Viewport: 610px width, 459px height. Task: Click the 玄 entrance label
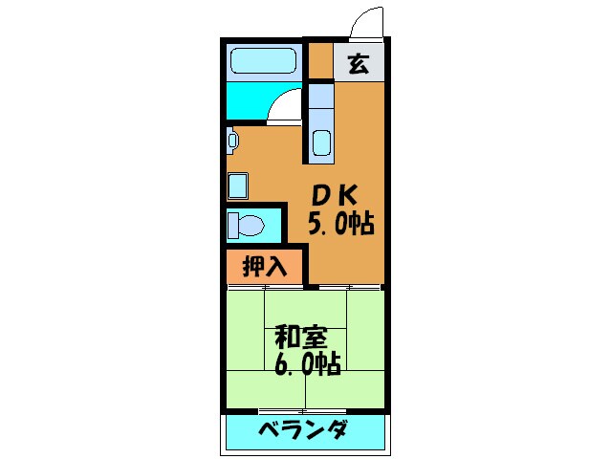[x=359, y=65]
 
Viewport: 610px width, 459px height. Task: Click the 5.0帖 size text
[x=338, y=225]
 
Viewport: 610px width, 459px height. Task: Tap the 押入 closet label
[x=266, y=266]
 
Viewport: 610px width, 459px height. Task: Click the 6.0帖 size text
[x=309, y=363]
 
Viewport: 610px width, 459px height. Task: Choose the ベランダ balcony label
[x=302, y=429]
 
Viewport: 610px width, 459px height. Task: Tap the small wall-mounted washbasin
[x=232, y=141]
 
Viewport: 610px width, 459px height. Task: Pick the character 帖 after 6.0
[x=331, y=363]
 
